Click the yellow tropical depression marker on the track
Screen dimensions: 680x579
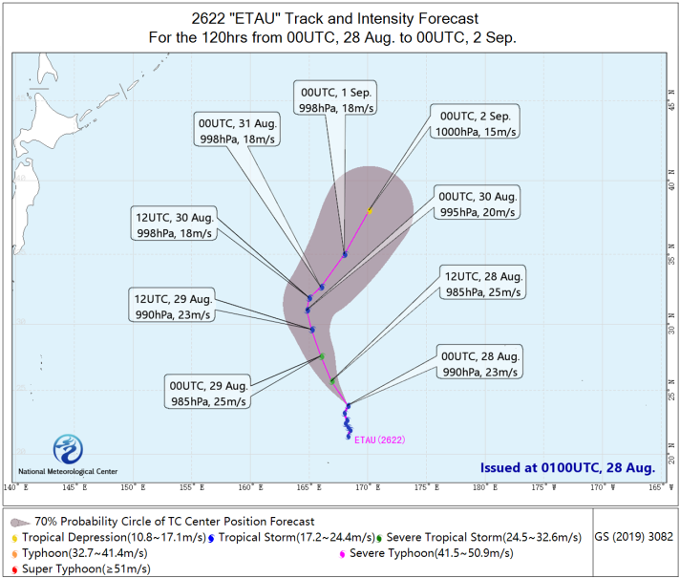[370, 211]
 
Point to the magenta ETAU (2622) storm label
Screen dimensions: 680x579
[380, 440]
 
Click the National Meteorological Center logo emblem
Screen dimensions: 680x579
[68, 449]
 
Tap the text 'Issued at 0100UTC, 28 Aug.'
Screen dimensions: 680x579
[567, 467]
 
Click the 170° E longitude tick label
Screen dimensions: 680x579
[369, 487]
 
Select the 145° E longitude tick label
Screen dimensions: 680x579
[75, 487]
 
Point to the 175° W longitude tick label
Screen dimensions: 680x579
[543, 487]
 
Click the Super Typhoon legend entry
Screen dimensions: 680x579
[81, 568]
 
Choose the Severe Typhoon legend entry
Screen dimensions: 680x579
[426, 553]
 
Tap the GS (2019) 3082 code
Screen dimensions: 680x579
[633, 537]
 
